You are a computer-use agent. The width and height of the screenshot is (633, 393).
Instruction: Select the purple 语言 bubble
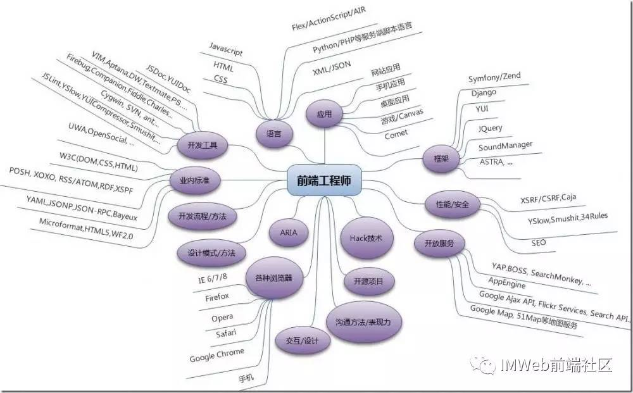tap(274, 134)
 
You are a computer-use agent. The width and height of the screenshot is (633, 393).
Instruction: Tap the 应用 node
tap(323, 115)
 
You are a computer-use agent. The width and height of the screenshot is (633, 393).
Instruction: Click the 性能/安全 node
tap(452, 204)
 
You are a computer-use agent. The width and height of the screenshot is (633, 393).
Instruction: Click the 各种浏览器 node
tap(273, 278)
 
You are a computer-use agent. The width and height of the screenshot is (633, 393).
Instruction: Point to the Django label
tap(484, 92)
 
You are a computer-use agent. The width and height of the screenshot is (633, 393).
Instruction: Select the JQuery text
tap(491, 128)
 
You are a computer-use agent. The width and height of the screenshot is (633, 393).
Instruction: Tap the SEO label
tap(539, 242)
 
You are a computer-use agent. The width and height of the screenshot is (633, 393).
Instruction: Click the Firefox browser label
tap(217, 296)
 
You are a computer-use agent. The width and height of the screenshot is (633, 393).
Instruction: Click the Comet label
tap(396, 134)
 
